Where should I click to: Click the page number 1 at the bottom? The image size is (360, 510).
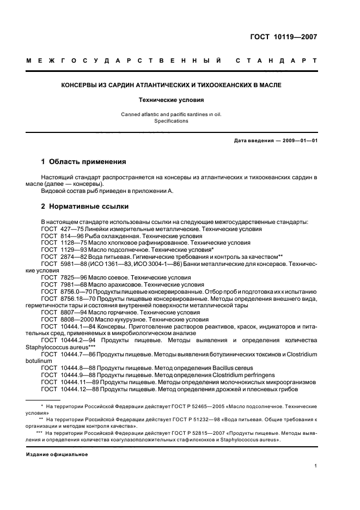click(315, 465)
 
